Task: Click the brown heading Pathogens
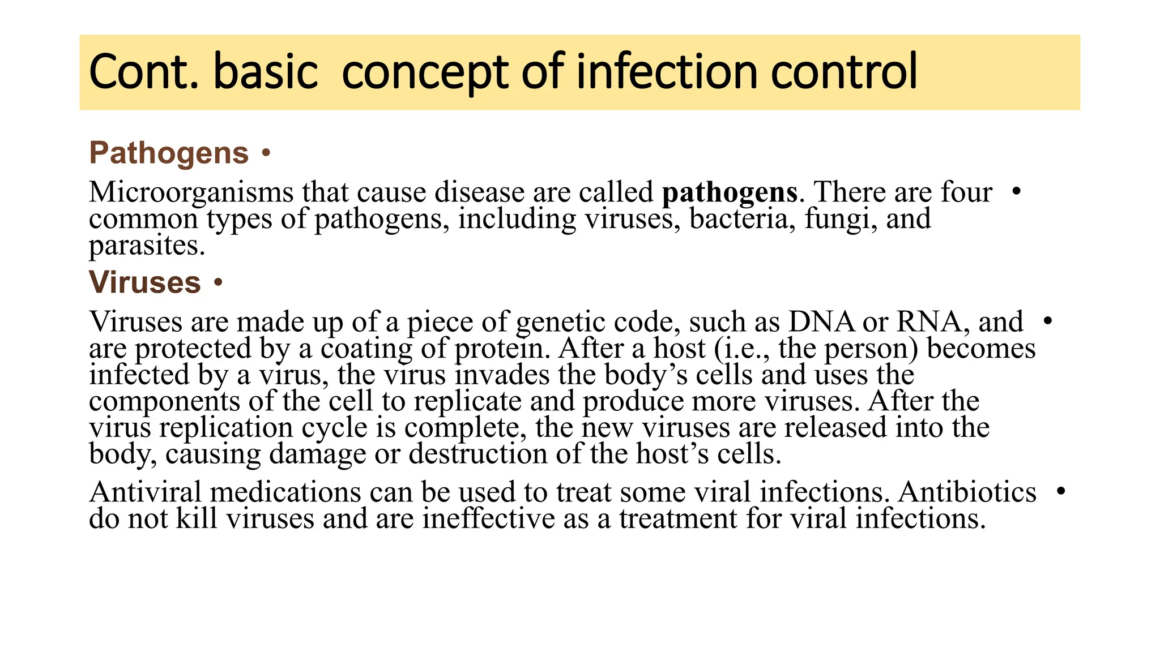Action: pos(169,153)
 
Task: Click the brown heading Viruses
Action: pos(145,282)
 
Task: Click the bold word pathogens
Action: pos(730,192)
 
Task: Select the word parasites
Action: pos(146,246)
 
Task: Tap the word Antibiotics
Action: pos(967,492)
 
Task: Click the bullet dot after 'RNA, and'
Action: pos(1047,321)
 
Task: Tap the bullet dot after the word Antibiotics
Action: pos(1061,491)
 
